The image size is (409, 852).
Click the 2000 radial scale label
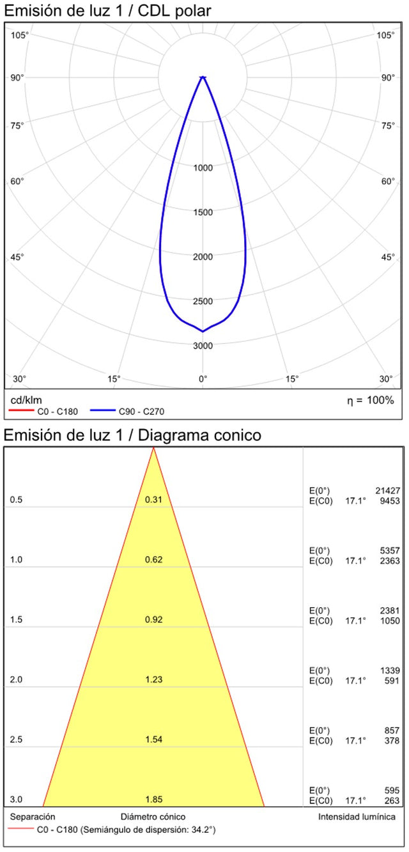(203, 257)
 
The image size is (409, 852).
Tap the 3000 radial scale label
(203, 346)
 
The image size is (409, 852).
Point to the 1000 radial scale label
(203, 168)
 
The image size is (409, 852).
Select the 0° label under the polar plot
(203, 379)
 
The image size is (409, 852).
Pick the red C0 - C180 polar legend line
(20, 412)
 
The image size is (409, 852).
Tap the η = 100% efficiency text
(370, 400)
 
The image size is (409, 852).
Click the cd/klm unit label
(26, 400)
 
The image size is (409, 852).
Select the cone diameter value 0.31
(153, 499)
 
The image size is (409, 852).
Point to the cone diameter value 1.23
(153, 679)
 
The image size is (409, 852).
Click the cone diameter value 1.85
(153, 800)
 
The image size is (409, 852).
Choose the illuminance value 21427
(387, 490)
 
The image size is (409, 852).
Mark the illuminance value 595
(392, 791)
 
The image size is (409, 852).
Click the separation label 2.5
(17, 740)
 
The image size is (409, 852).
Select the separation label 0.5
(17, 499)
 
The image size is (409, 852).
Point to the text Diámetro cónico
(153, 817)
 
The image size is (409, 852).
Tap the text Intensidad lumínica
(357, 817)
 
